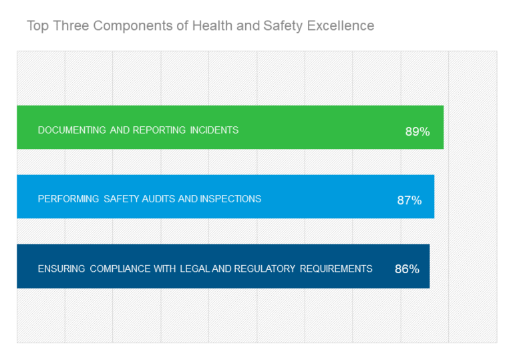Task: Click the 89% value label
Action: pos(417,132)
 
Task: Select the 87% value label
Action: pos(409,200)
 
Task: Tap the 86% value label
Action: pos(407,269)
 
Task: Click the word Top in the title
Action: pos(37,26)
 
